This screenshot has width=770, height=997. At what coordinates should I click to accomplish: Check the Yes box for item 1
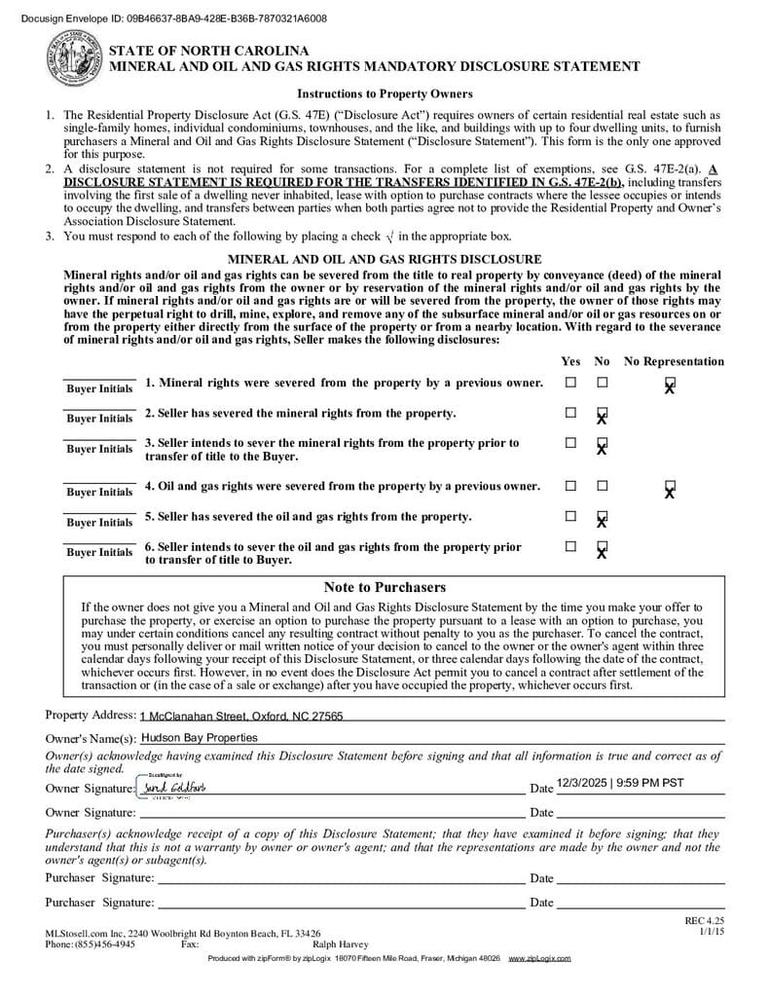click(570, 383)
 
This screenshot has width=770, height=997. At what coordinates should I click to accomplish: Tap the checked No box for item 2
click(602, 413)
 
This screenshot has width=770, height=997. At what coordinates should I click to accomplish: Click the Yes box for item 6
click(570, 546)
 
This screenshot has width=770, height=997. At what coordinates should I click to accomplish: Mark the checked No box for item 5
click(602, 517)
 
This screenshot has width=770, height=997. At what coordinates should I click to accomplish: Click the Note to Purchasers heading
click(385, 587)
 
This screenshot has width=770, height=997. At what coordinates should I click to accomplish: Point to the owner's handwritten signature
click(173, 787)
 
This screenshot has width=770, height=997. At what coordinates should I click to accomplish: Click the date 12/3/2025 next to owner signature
click(620, 782)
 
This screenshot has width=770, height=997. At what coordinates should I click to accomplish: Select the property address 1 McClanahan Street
click(240, 717)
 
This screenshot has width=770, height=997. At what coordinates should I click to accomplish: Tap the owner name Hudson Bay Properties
click(200, 738)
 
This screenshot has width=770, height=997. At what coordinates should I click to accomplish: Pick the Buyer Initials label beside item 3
click(99, 449)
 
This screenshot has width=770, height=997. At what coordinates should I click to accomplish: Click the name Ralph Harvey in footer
click(340, 943)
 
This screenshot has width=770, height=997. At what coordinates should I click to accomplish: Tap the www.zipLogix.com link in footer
click(539, 959)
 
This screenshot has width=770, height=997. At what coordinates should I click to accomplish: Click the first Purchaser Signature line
click(341, 877)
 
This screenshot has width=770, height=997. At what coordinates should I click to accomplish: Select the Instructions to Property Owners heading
click(385, 94)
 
